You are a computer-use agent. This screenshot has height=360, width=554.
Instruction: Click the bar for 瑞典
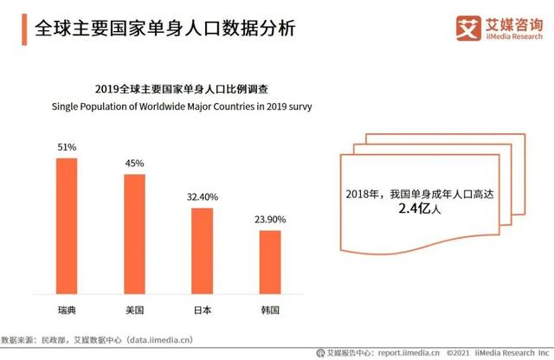67,227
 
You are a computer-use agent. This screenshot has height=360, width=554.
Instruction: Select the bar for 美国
134,235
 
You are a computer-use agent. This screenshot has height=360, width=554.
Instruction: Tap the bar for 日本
202,252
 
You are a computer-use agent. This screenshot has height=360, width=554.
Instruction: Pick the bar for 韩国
270,263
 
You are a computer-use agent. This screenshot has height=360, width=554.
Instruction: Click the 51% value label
67,147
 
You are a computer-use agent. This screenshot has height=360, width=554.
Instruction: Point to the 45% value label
134,164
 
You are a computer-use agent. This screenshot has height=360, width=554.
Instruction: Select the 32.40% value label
202,197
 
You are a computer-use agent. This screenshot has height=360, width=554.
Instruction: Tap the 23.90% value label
270,220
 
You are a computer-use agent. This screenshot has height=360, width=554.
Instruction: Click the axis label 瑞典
67,309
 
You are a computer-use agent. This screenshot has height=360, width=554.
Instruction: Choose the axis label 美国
134,309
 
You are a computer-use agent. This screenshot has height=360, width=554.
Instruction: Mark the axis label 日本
202,309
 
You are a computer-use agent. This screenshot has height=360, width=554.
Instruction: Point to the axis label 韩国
270,309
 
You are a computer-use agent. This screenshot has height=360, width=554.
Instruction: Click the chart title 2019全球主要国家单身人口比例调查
170,89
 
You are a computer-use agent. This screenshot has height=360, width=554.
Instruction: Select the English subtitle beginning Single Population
170,107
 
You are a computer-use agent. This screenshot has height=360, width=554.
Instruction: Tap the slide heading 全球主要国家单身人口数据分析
164,29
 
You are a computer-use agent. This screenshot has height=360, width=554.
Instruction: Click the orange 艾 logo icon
468,28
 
